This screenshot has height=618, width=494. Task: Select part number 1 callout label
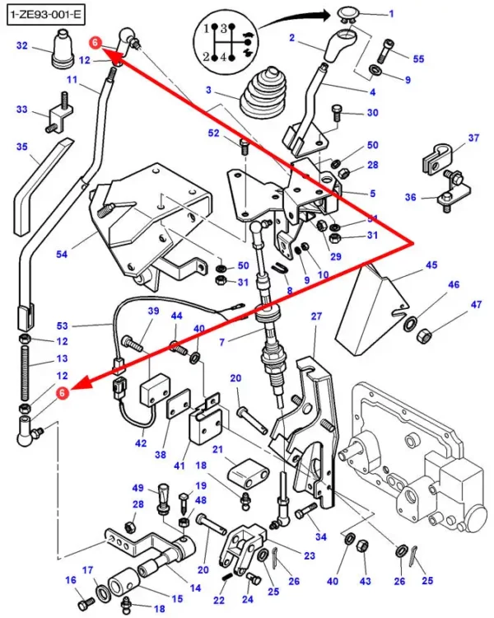click(390, 14)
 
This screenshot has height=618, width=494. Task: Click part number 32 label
click(21, 45)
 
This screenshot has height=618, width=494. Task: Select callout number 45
click(431, 265)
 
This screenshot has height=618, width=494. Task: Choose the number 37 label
click(473, 138)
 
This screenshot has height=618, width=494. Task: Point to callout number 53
click(63, 326)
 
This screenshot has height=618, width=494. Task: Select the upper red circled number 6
click(96, 43)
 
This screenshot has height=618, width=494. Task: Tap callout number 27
click(315, 317)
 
